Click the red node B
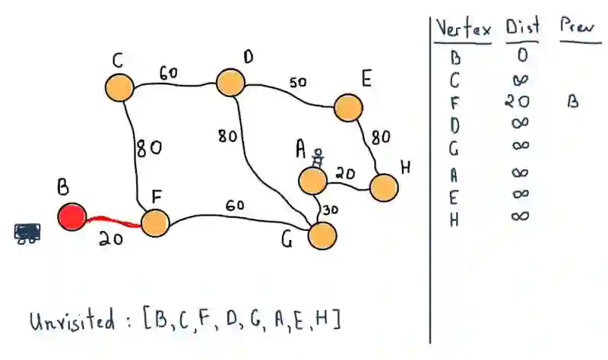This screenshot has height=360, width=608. (72, 217)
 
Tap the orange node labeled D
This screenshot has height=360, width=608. (230, 82)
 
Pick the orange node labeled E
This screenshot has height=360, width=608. (347, 108)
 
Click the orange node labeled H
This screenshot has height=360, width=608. (384, 188)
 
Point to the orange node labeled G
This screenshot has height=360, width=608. (323, 235)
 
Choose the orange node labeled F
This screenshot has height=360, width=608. (154, 223)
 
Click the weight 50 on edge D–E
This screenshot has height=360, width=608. (298, 82)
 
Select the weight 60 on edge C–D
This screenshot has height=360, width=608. (169, 73)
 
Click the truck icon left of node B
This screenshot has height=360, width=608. (27, 232)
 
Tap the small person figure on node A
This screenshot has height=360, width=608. (318, 157)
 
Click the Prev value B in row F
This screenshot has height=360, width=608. (572, 102)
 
